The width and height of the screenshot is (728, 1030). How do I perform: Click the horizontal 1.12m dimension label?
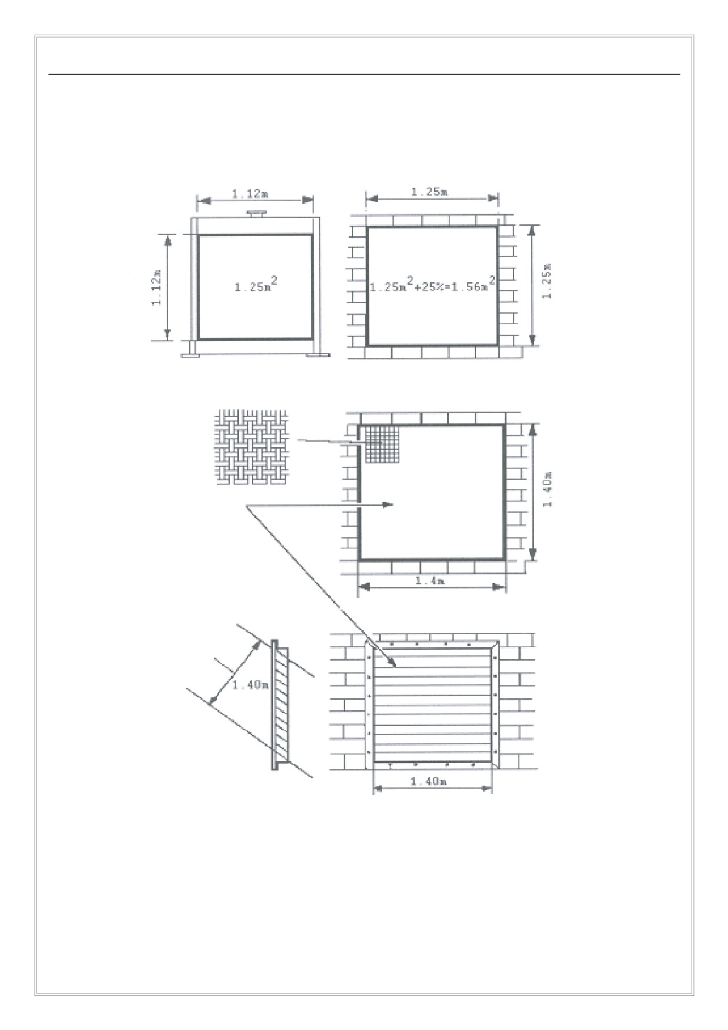click(250, 194)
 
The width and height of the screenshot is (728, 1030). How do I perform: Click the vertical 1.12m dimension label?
click(157, 287)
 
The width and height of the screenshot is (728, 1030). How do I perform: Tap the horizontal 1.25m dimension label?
click(430, 191)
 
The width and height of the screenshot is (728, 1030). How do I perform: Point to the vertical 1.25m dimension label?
click(546, 281)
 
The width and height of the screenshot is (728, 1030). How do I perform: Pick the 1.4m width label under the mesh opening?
click(430, 581)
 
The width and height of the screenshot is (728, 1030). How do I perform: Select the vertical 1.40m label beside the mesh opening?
click(547, 490)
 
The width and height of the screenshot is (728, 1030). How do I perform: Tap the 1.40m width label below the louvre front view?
click(428, 782)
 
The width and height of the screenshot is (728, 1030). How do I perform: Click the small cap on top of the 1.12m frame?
click(257, 213)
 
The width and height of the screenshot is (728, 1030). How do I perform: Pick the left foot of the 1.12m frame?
click(190, 355)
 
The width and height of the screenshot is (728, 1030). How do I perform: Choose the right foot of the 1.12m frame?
click(317, 355)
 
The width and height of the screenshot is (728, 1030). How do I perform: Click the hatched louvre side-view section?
click(280, 705)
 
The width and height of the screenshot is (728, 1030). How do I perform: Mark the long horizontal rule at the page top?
click(364, 75)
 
